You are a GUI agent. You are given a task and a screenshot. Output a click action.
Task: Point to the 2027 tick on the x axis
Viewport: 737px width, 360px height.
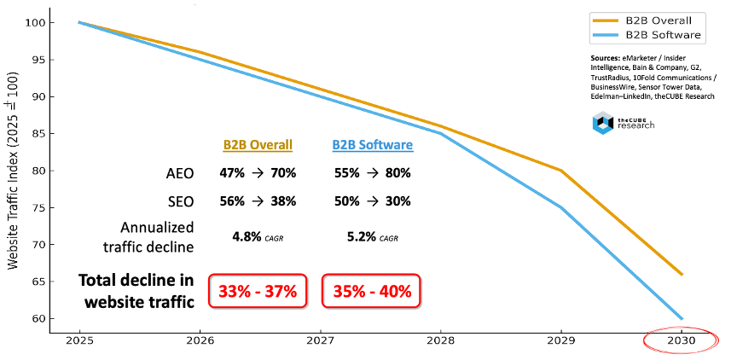click(320, 340)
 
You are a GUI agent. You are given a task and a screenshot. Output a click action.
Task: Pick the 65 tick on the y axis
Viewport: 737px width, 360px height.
click(59, 282)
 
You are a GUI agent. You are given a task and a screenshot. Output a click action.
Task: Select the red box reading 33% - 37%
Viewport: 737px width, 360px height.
click(257, 291)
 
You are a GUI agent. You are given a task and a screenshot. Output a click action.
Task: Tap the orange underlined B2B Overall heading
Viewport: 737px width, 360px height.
click(257, 145)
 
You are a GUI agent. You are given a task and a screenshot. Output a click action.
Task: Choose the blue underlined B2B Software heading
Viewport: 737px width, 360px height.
click(372, 145)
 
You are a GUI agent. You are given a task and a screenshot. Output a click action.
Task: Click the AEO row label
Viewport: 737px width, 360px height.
click(178, 173)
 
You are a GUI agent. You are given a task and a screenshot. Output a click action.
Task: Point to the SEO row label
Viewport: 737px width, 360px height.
click(179, 203)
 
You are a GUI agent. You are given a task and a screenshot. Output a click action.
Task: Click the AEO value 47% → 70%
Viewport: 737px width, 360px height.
click(257, 173)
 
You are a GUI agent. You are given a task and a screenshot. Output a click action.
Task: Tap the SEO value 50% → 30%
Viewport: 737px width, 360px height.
click(372, 203)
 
